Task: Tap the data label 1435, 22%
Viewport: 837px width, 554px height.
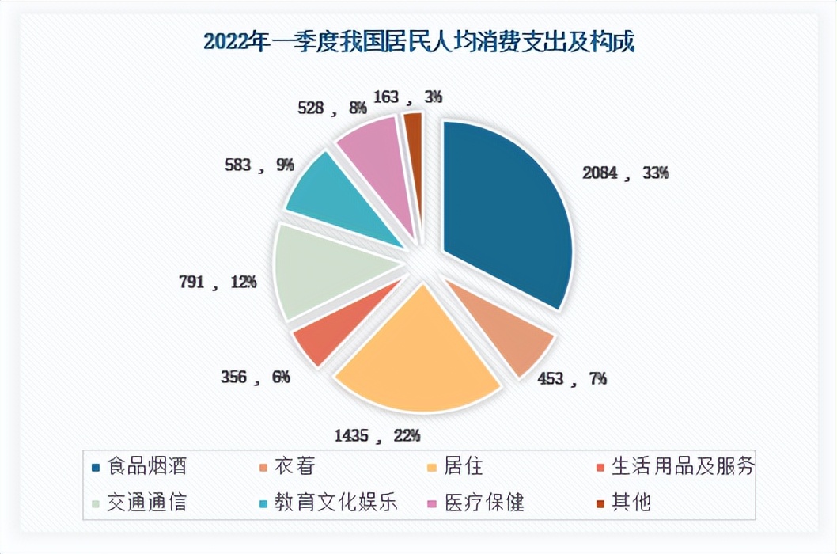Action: coord(377,434)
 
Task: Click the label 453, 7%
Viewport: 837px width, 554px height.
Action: coord(564,378)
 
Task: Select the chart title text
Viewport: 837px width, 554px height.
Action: coord(418,41)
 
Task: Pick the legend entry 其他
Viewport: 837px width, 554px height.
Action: coord(631,503)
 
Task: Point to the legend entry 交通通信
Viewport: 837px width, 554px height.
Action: coord(147,503)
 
